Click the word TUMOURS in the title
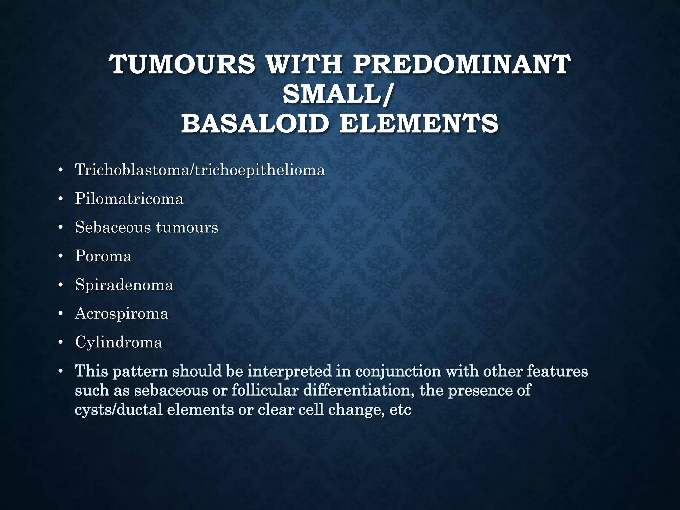pyautogui.click(x=183, y=65)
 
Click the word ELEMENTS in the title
pyautogui.click(x=419, y=124)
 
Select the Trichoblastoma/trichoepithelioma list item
pyautogui.click(x=200, y=170)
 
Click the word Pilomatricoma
pyautogui.click(x=129, y=199)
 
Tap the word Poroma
pyautogui.click(x=103, y=256)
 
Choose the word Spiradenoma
pyautogui.click(x=124, y=285)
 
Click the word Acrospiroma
pyautogui.click(x=122, y=314)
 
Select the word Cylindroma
pyautogui.click(x=119, y=342)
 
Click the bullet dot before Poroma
pyautogui.click(x=60, y=257)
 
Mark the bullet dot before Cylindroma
pyautogui.click(x=60, y=343)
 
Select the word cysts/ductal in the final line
pyautogui.click(x=119, y=410)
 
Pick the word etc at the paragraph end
pyautogui.click(x=400, y=410)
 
